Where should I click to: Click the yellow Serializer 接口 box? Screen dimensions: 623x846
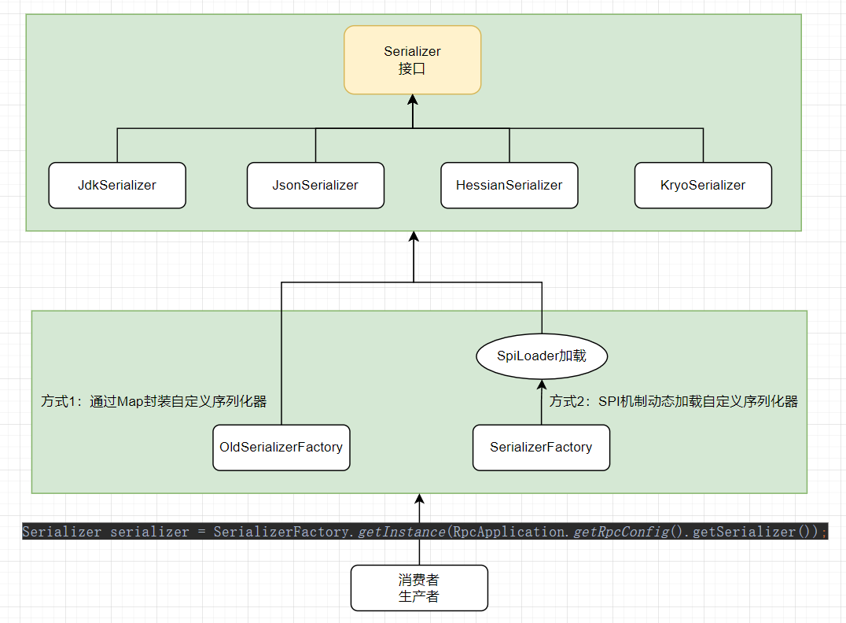(412, 60)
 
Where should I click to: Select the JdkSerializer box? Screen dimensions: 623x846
(117, 186)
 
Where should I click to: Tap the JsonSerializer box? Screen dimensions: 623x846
(315, 186)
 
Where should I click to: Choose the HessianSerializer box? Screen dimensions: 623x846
(509, 186)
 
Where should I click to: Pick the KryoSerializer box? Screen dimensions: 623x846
(703, 186)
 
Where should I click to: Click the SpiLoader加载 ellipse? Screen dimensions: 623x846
(542, 356)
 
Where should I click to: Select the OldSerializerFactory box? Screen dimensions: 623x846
(281, 448)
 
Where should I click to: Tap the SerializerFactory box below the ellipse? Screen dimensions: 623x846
(541, 448)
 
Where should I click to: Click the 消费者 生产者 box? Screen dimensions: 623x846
(419, 588)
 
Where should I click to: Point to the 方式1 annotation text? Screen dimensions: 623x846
(154, 401)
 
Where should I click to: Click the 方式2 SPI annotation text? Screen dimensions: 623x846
(673, 401)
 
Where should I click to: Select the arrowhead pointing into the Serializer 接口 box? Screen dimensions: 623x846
(412, 101)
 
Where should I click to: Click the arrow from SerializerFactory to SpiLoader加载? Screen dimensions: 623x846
(542, 401)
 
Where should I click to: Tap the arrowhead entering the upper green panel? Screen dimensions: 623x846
(413, 238)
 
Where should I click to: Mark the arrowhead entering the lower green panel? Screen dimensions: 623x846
(419, 500)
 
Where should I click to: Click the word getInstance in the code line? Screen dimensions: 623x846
(401, 532)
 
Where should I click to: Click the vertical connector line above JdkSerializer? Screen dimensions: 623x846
(117, 146)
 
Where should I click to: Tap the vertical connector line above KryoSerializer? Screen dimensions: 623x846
(703, 146)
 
